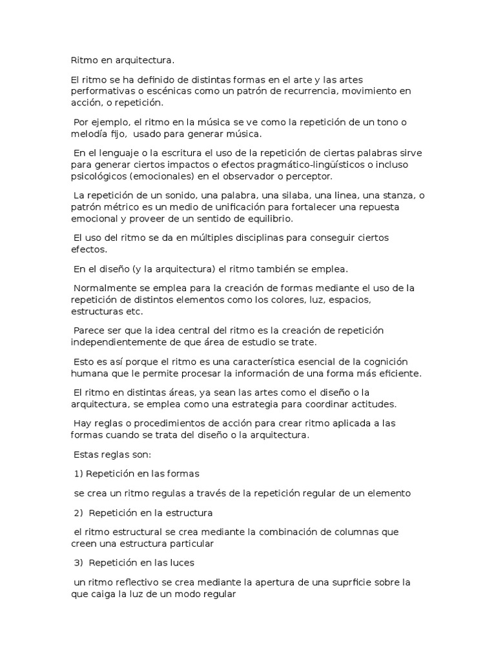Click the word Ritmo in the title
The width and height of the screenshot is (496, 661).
83,61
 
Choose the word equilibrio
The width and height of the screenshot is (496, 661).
269,219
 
